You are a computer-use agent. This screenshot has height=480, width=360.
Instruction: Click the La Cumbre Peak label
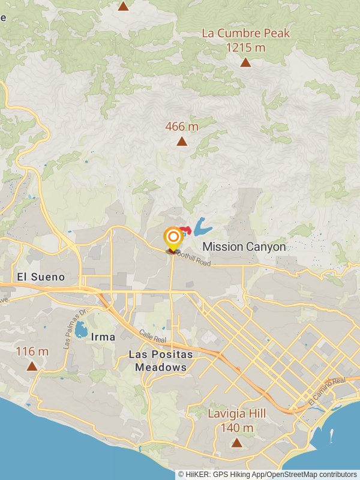coord(245,33)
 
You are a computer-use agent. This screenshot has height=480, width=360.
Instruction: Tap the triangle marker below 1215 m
coord(245,62)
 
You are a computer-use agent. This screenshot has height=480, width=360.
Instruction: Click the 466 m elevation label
coord(182,127)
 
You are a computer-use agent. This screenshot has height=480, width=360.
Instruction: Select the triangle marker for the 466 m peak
coord(182,142)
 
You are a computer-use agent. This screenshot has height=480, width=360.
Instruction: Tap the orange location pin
coord(173,238)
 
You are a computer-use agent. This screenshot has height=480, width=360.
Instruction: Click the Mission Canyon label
coord(244,247)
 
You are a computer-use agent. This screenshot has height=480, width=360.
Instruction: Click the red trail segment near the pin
coord(186,230)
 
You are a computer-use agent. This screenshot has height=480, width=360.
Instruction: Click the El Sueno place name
coord(41,277)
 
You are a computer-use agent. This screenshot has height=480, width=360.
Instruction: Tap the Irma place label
coord(103,337)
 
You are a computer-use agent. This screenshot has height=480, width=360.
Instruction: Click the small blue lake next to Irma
coord(81,329)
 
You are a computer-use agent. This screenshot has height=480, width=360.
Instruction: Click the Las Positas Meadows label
coord(161,361)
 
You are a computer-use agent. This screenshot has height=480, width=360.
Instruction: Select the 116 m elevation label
coord(32,351)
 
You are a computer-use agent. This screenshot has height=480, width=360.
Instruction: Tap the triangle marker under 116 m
coord(32,366)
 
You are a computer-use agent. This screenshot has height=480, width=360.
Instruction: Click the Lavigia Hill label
coord(237,414)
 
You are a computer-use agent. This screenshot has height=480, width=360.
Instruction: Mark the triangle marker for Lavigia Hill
coord(237,443)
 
